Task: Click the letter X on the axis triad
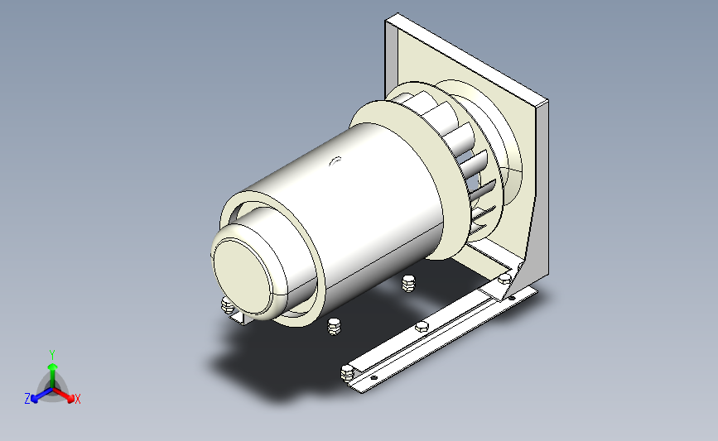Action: [77, 399]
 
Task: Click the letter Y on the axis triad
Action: [52, 355]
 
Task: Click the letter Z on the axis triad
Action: [27, 399]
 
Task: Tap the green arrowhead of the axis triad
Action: [53, 367]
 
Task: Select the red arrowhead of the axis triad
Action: [70, 399]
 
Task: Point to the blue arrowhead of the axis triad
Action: [36, 399]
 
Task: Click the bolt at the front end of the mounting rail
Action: [348, 372]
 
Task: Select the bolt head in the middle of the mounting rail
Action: [422, 327]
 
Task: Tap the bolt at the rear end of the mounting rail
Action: [504, 278]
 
